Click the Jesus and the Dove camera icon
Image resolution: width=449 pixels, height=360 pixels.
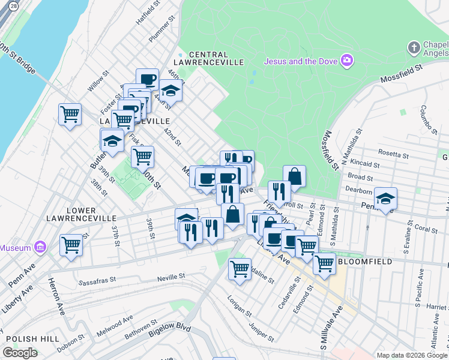pyautogui.click(x=347, y=60)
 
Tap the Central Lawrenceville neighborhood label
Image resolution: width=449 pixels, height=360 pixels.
pyautogui.click(x=217, y=58)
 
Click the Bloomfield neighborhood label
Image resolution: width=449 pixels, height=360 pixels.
pyautogui.click(x=365, y=262)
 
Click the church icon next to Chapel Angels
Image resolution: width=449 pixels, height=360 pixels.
pyautogui.click(x=414, y=47)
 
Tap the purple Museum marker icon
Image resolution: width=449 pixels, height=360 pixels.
pyautogui.click(x=40, y=247)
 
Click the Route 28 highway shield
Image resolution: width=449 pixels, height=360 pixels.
pyautogui.click(x=13, y=4)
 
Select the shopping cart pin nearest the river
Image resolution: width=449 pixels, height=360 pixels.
pyautogui.click(x=70, y=113)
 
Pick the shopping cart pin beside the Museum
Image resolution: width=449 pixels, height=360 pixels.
pyautogui.click(x=71, y=245)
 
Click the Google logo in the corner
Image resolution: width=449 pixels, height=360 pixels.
pyautogui.click(x=20, y=353)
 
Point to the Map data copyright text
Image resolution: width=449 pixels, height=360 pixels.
pyautogui.click(x=411, y=355)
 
